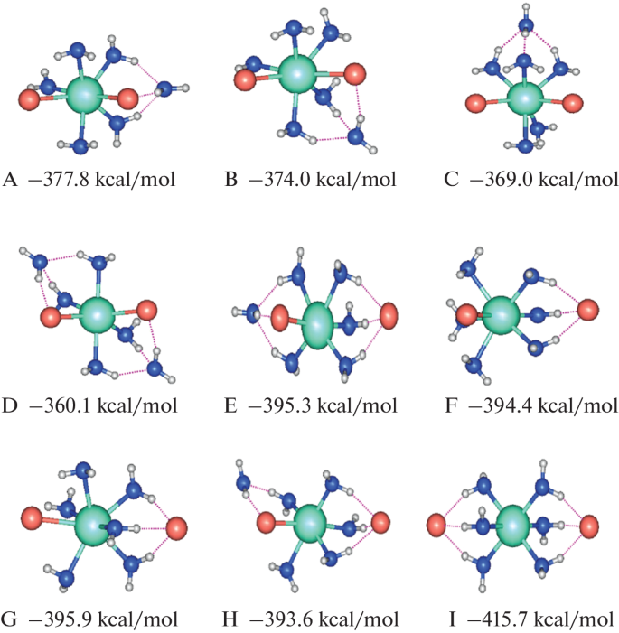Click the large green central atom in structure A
tap(85, 92)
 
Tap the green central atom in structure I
tap(512, 524)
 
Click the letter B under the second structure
tap(231, 180)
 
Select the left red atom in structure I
tap(436, 524)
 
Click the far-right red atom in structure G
tap(177, 527)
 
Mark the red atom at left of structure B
tap(245, 80)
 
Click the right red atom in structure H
tap(380, 523)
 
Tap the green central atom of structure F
tap(501, 316)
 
